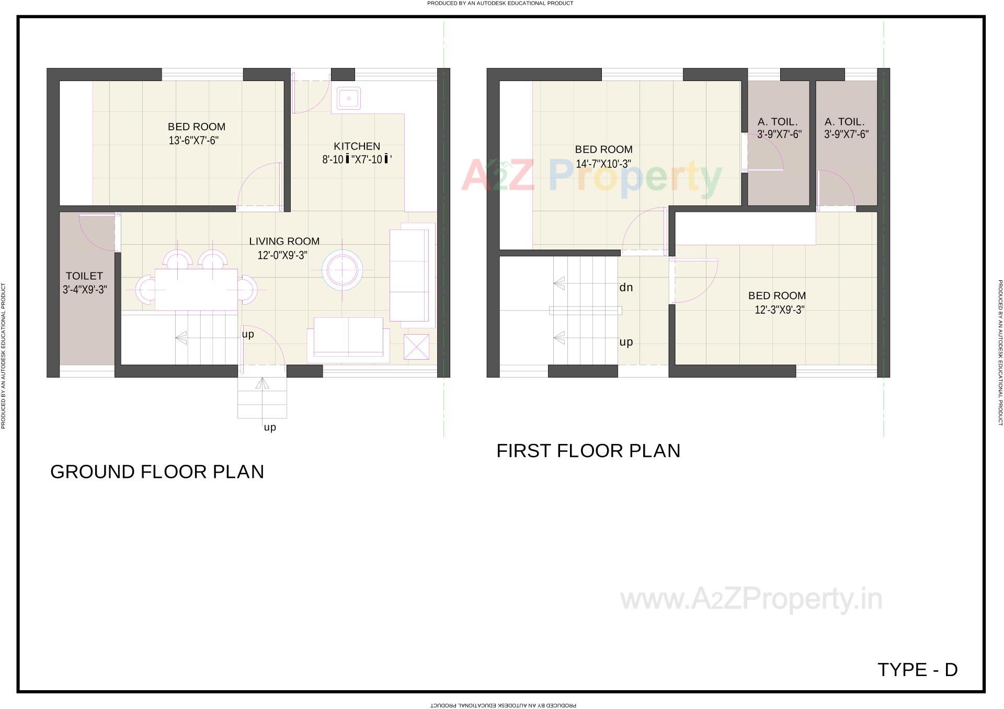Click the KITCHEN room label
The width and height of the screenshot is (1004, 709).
coord(357,146)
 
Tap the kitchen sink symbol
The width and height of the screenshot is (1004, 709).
coord(348,98)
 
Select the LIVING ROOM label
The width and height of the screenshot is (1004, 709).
coord(284,242)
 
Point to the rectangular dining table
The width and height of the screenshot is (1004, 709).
coord(196,290)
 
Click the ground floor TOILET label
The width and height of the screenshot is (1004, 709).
coord(84,276)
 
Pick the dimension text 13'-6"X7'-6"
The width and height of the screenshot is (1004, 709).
coord(193,141)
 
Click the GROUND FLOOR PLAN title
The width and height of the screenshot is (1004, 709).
coord(157,472)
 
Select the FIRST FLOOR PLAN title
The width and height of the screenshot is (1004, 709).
coord(588,451)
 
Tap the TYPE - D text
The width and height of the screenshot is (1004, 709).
coord(917,670)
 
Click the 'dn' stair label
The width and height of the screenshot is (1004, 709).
coord(626,288)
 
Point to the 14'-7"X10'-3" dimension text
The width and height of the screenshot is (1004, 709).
coord(603,164)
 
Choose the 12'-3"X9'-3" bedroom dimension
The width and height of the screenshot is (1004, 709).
coord(779,310)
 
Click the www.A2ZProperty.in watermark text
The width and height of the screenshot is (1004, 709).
coord(751,599)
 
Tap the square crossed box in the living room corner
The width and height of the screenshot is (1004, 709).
coord(416,347)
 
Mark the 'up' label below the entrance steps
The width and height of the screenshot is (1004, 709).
coord(270,428)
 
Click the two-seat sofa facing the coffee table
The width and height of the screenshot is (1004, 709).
coord(348,337)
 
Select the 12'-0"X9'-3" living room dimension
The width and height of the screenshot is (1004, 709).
coord(282,256)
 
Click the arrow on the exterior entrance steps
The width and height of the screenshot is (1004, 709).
coord(262,383)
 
